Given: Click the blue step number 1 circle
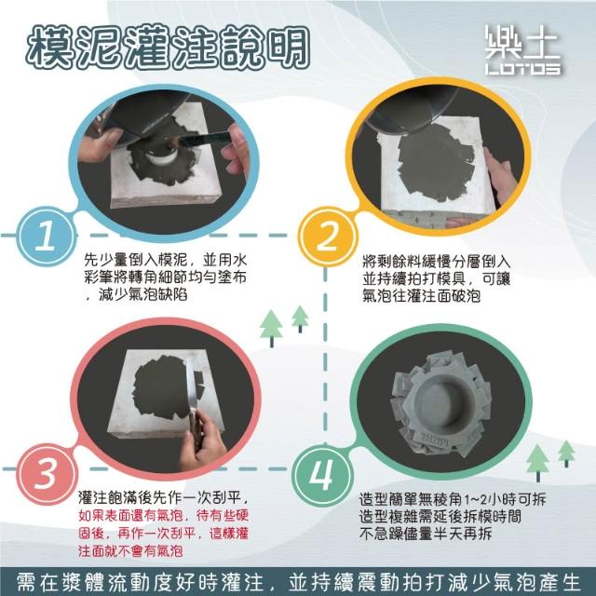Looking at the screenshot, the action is pos(47,236).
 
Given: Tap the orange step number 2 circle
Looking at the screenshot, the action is pos(327,236).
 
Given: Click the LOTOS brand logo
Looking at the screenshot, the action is pos(522,49).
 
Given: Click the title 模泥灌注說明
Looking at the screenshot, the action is pos(169,47).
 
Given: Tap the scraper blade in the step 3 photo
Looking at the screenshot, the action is pos(191,384).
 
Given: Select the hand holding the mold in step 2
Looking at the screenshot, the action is pos(501,175).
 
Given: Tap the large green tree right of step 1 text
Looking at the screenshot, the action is pos(271,328).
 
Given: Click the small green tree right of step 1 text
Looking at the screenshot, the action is pos(300,318).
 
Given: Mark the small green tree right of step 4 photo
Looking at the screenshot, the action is pos(566,454).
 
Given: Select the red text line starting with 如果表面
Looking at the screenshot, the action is pos(164,515).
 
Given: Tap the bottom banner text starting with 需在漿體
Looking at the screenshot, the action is pos(298,582).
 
